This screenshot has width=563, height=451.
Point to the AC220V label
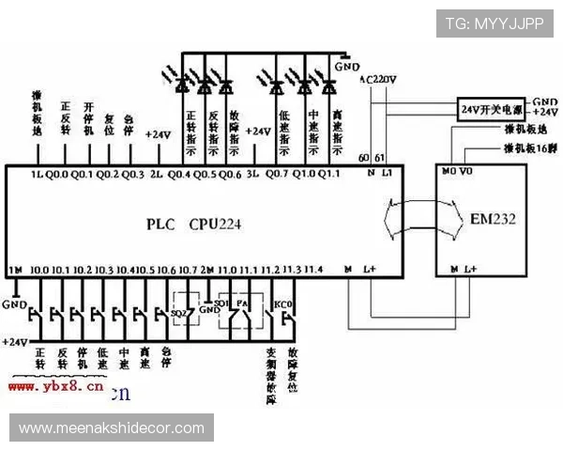(380, 82)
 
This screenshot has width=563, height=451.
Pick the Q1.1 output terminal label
(328, 175)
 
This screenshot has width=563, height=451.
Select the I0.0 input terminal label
(39, 271)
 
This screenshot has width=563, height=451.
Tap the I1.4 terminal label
(313, 271)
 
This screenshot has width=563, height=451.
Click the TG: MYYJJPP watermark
(493, 23)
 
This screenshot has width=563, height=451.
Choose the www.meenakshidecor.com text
(112, 428)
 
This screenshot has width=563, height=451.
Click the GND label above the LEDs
(347, 67)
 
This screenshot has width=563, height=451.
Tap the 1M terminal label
(14, 271)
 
